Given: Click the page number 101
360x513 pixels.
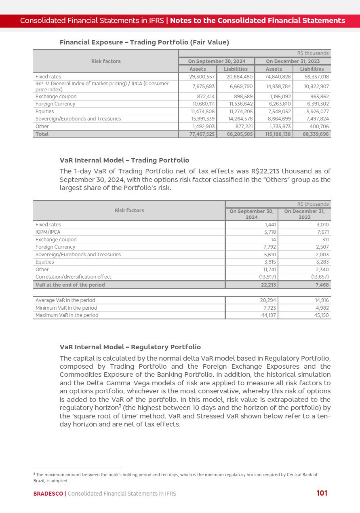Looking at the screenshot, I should (x=322, y=493).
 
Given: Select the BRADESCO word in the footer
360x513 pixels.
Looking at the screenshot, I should (x=48, y=494).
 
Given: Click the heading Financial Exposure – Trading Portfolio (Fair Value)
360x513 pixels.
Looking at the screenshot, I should (x=144, y=42).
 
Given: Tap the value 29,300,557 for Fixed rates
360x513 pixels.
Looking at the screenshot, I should (x=202, y=76).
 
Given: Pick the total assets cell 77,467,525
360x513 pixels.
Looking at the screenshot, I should (x=202, y=134).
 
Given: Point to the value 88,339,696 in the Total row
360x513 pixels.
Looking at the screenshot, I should (x=314, y=134).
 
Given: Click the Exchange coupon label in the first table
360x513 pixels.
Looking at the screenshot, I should (x=56, y=97).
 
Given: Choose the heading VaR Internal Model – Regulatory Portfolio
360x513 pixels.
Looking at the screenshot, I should (x=130, y=347).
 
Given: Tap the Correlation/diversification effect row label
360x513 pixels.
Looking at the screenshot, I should (x=73, y=277).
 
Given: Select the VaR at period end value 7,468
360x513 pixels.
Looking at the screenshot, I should (x=322, y=285).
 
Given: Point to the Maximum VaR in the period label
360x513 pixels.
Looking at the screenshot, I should (x=67, y=315).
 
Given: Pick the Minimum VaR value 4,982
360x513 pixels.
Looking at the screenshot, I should (x=322, y=308).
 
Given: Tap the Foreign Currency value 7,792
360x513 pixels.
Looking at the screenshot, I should (x=269, y=247).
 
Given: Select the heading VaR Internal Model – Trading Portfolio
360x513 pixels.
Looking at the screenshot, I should (x=124, y=160).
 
